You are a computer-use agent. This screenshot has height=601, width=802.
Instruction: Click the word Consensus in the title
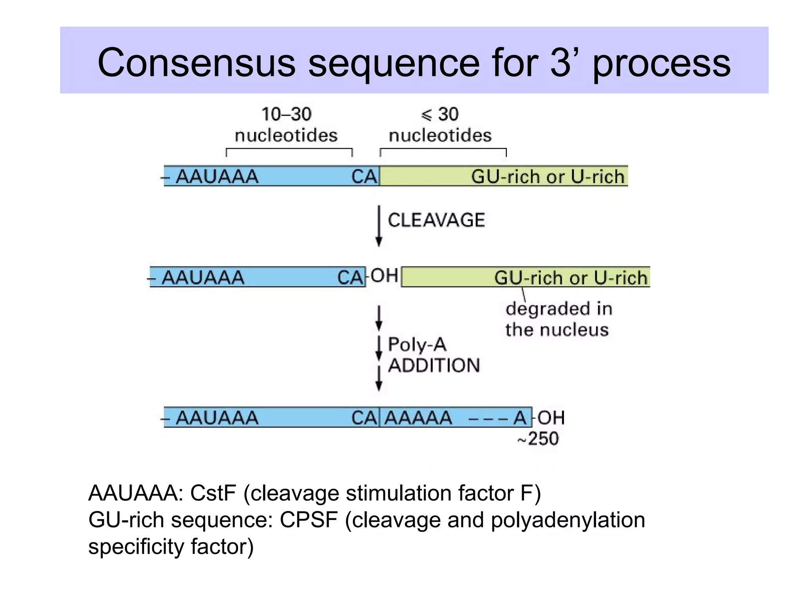196,63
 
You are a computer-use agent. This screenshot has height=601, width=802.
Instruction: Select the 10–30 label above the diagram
286,114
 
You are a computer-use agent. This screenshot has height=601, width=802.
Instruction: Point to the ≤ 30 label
440,114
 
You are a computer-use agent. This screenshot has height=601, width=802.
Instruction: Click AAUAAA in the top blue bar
217,176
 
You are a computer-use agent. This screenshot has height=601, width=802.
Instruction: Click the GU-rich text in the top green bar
505,176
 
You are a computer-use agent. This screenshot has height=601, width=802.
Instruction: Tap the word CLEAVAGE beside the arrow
436,220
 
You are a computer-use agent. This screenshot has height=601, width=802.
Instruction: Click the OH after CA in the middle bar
384,276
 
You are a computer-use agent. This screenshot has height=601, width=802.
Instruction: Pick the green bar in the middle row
446,277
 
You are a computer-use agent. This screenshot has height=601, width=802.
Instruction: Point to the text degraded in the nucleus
558,319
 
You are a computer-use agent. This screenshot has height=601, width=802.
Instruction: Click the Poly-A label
417,345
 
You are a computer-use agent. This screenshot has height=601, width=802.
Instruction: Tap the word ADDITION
434,365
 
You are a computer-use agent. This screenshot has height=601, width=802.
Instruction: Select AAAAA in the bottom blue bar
418,418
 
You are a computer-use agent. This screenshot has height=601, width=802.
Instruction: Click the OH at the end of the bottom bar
551,418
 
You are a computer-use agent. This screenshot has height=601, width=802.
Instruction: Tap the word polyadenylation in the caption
567,520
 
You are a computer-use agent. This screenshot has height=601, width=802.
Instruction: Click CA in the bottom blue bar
364,418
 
